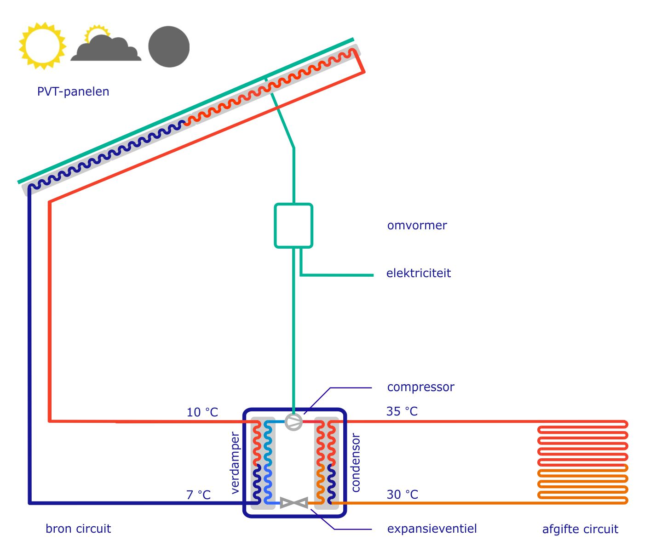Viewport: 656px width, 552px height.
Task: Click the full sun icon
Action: click(42, 46)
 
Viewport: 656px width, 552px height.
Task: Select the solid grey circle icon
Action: click(169, 47)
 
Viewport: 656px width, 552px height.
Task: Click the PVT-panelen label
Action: click(73, 91)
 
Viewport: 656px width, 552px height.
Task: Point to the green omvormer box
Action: click(293, 226)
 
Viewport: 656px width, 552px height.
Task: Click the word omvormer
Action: click(417, 226)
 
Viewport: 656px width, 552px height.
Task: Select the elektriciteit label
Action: click(418, 273)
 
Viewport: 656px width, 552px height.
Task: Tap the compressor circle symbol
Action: click(293, 421)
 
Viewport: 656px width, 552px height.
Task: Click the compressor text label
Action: click(420, 387)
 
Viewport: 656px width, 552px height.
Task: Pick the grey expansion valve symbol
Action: click(294, 503)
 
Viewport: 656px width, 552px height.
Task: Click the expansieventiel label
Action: click(432, 529)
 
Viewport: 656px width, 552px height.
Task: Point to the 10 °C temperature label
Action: click(202, 412)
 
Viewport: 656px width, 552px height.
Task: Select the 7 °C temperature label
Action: click(198, 495)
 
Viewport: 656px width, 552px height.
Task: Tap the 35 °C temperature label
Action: click(402, 411)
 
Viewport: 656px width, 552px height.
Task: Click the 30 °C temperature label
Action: click(402, 495)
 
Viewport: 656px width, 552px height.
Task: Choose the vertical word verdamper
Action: click(235, 462)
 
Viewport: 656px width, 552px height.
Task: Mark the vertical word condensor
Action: click(356, 462)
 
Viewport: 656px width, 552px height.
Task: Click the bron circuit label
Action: click(78, 529)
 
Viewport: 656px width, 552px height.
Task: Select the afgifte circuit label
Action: click(580, 529)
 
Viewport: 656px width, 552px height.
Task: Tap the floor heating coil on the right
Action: click(583, 462)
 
